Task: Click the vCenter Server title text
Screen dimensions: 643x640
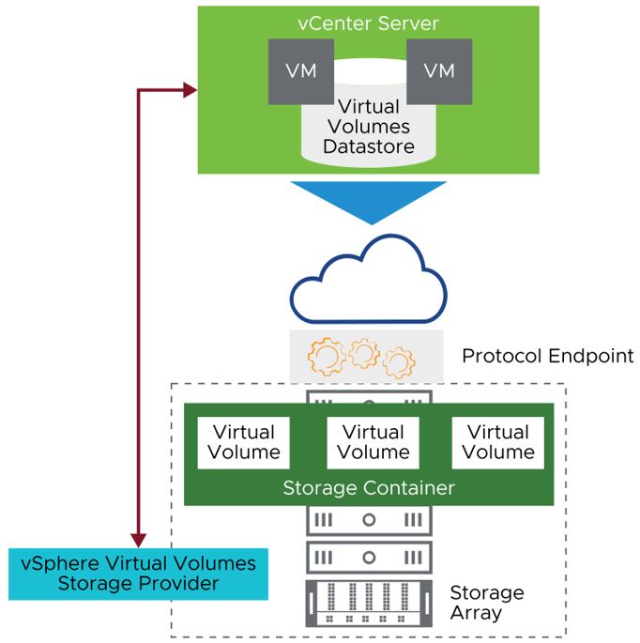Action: (368, 23)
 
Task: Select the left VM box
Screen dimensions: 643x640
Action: (295, 71)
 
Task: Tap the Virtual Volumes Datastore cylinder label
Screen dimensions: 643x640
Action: (368, 127)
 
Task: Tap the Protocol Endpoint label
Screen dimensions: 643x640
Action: (548, 357)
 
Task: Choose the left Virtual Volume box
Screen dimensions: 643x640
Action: (244, 441)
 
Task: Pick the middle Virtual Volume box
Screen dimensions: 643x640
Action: (373, 441)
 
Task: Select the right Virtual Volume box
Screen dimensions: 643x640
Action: (498, 441)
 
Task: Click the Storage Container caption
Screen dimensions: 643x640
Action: (369, 488)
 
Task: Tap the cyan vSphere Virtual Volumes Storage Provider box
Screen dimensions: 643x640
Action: (138, 574)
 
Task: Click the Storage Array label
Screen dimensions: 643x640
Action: (486, 603)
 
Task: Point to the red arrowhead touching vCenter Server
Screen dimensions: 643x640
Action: (190, 89)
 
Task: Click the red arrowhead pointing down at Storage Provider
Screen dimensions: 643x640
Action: (138, 540)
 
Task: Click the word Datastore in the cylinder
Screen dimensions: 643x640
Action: (368, 147)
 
